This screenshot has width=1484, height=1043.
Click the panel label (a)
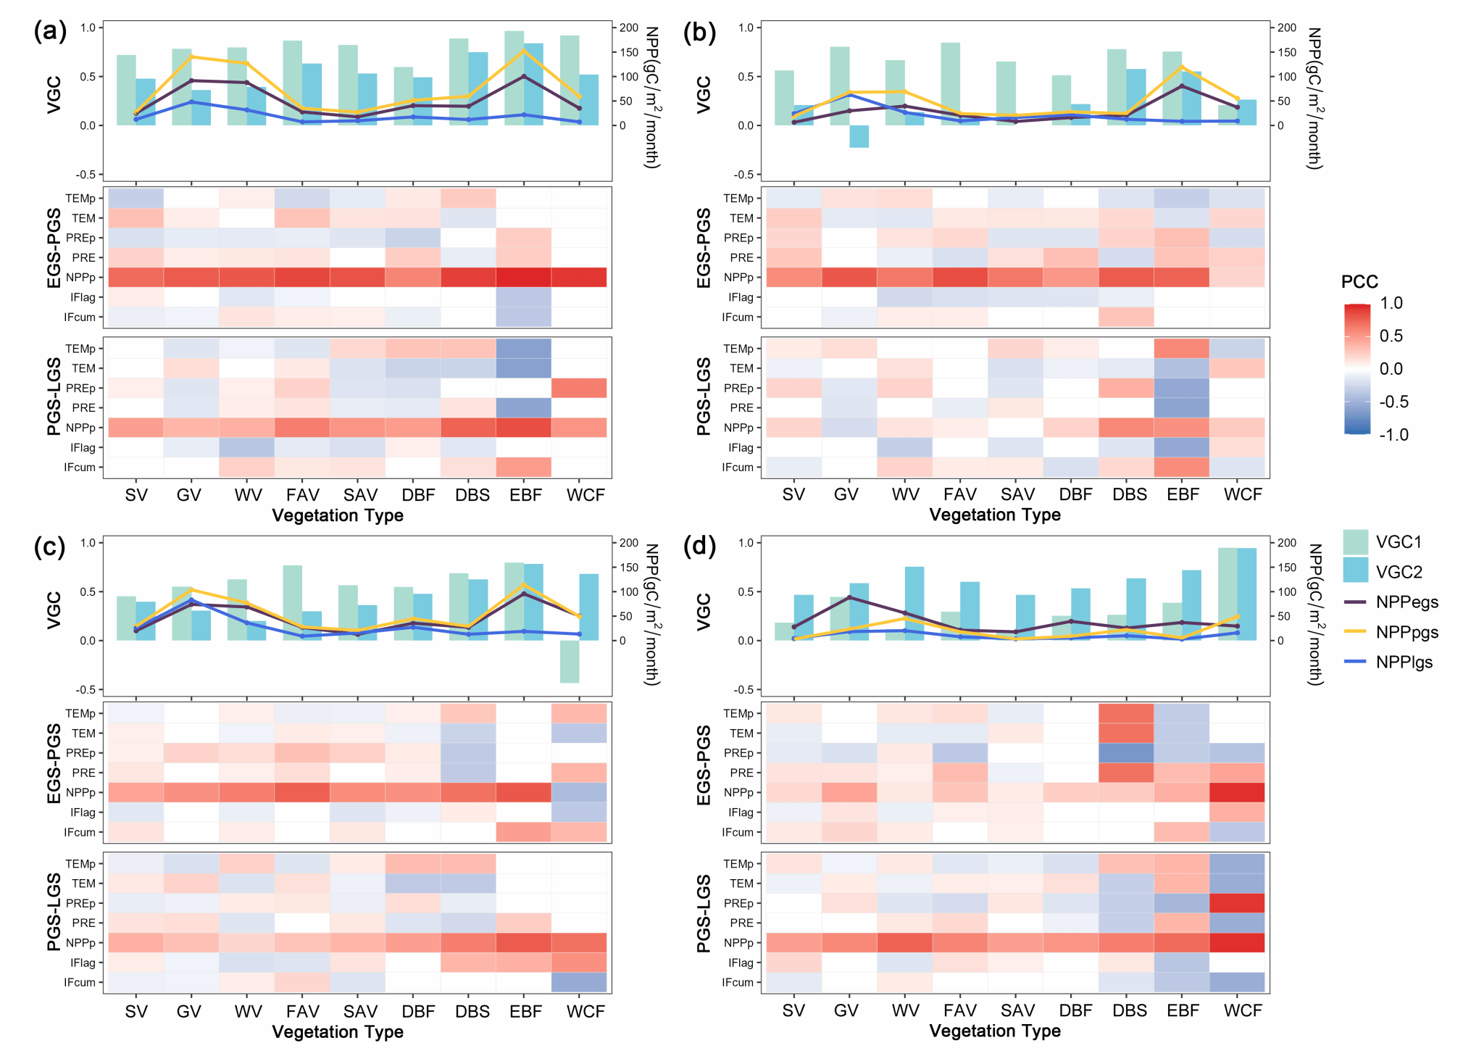point(50,32)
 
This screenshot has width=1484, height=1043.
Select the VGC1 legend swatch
point(1355,541)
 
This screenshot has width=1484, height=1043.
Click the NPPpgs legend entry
point(1406,632)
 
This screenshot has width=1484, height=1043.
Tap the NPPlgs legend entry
point(1404,662)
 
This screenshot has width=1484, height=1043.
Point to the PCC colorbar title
point(1359,282)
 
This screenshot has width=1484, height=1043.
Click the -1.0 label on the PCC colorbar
point(1393,435)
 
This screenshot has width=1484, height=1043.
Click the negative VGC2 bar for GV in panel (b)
point(859,136)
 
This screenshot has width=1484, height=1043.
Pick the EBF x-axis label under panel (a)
point(525,495)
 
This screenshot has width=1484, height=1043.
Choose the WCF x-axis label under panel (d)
point(1243,1010)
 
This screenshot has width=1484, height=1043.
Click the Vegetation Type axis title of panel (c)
point(338,1031)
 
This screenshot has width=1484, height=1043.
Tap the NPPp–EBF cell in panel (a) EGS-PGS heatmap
point(524,277)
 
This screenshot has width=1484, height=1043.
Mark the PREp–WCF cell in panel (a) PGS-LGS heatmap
point(579,388)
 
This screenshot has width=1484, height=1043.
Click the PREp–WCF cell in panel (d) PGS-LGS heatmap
point(1237,903)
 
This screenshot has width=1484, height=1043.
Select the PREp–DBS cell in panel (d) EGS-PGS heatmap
point(1126,753)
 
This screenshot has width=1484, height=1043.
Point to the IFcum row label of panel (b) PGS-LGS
point(738,468)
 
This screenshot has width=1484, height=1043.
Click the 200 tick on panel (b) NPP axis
point(1287,28)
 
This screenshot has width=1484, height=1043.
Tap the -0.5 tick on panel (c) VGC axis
point(87,689)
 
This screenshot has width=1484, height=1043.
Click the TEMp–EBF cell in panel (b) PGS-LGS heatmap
point(1181,349)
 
